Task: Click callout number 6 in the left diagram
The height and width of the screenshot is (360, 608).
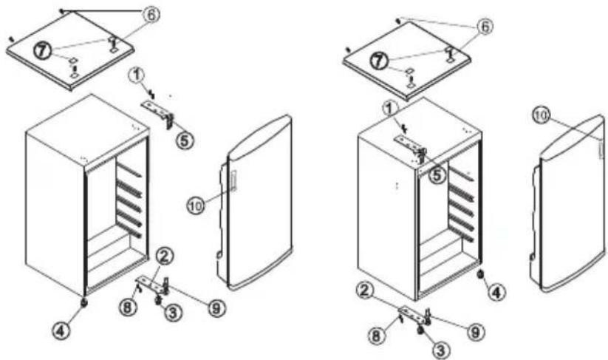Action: click(151, 15)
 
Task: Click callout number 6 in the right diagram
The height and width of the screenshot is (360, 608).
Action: click(485, 27)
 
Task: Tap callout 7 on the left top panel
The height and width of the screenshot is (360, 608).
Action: click(43, 51)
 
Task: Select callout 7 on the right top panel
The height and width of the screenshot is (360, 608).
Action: click(378, 61)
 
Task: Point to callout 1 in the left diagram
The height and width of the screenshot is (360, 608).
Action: click(137, 75)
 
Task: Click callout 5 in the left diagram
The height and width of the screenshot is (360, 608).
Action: click(185, 140)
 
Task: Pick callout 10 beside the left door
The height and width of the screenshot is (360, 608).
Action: click(197, 206)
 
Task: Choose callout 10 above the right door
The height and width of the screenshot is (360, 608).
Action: click(541, 115)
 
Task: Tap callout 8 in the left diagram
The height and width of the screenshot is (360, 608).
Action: click(129, 308)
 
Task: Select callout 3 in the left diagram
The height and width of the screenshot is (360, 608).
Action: click(173, 312)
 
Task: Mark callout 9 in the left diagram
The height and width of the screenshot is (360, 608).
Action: click(216, 308)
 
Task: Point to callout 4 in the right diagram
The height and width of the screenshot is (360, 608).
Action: click(497, 293)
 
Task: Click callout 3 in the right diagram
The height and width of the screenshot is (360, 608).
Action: click(440, 350)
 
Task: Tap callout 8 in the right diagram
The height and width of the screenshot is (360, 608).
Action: click(376, 336)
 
